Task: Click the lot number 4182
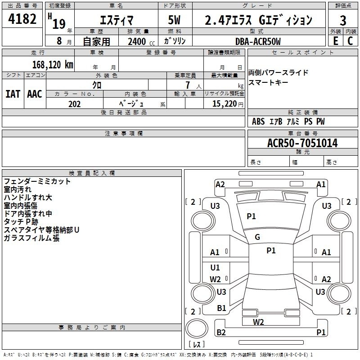22,19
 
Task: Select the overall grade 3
343,21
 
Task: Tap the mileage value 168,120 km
53,65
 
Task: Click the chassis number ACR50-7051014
302,143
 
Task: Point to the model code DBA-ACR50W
258,41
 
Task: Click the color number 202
74,104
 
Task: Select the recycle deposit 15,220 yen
228,104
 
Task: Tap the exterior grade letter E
335,41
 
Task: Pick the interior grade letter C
350,41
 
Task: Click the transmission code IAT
13,94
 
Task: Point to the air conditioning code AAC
35,94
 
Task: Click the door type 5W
174,20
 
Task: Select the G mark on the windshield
257,237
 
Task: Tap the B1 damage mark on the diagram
221,308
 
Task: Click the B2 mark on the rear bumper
221,332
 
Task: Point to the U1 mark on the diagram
215,267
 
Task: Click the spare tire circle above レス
197,328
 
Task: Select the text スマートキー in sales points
268,82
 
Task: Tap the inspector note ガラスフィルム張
31,238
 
